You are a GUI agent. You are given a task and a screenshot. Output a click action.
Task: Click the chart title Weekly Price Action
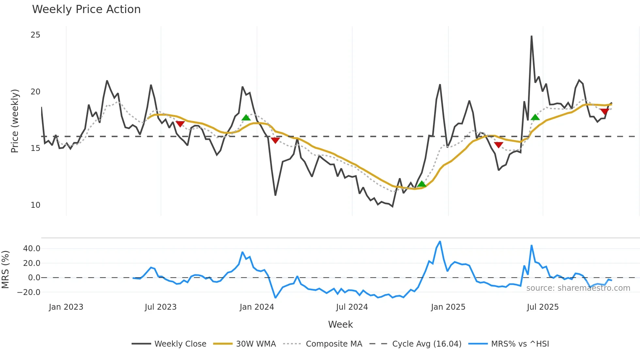point(86,9)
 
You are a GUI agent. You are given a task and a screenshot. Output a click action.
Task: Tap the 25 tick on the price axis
point(35,35)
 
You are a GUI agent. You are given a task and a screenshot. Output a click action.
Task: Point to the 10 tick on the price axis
point(35,205)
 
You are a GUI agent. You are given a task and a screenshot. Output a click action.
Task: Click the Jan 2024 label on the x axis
point(257,307)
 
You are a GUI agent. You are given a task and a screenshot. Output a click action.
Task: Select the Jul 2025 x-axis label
point(543,307)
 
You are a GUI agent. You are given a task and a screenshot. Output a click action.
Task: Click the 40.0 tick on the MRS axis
point(32,249)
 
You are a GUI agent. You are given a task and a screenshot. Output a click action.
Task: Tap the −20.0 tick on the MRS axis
point(29,292)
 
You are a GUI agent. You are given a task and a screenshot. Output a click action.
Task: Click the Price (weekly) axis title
point(15,121)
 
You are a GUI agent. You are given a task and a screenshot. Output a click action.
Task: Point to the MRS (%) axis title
point(6,270)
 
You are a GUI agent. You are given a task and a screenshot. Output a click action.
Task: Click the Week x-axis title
point(340,324)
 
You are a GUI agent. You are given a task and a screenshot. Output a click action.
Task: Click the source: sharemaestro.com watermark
point(578,288)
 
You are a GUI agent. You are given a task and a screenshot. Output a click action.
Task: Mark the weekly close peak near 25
point(532,36)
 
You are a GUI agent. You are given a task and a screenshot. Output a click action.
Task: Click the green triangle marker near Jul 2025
point(535,117)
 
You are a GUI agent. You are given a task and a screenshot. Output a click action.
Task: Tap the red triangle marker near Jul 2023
point(180,124)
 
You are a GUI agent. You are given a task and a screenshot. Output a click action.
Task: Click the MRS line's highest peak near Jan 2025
point(440,242)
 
